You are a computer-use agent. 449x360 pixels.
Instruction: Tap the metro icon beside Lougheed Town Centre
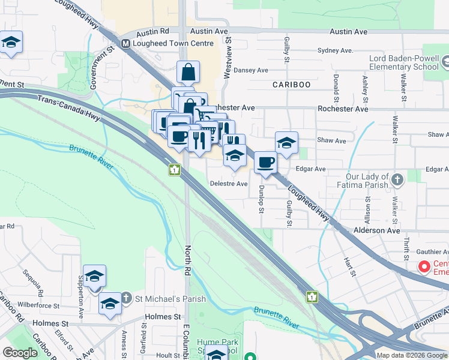click(126, 43)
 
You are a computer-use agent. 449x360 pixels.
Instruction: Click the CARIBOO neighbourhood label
click(292, 85)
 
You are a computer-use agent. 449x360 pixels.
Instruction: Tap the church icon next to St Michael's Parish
click(126, 298)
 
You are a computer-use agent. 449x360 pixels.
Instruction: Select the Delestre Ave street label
click(228, 184)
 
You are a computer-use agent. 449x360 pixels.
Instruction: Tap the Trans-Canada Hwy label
click(67, 106)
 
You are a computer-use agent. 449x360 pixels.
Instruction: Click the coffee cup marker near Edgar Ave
click(265, 161)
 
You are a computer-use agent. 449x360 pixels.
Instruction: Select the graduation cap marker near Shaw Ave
click(287, 143)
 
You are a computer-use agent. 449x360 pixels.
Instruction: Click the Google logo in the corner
click(19, 353)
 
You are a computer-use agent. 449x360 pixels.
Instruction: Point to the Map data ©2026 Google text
click(412, 355)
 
